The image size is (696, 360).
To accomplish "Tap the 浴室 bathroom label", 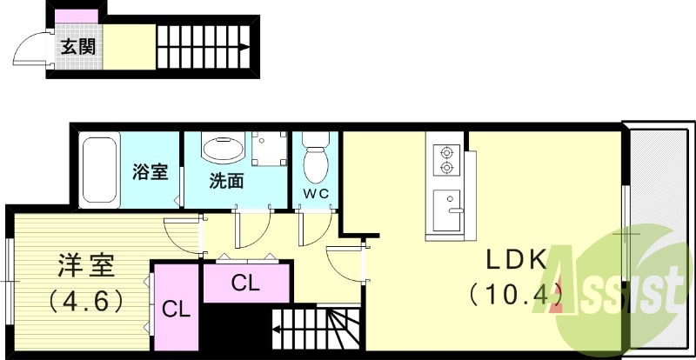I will point(150,171).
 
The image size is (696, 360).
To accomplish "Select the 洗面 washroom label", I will point(225,181).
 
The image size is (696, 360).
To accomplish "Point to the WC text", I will point(315,194).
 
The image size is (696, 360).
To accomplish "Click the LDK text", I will point(515,260).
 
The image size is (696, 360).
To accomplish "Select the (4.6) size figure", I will point(84,300).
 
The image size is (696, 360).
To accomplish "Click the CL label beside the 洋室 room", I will point(177,309).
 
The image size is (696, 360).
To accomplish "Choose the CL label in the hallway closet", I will point(245,283).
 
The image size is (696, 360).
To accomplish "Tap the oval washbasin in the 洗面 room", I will point(224,149).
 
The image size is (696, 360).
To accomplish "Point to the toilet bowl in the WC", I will point(314,162).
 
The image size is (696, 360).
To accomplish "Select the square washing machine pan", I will point(269,149).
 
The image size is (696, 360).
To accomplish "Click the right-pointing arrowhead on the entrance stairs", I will point(245,48).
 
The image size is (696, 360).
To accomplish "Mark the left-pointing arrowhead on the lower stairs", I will point(277,330).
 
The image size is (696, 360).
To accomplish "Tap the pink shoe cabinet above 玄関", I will point(77,19).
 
